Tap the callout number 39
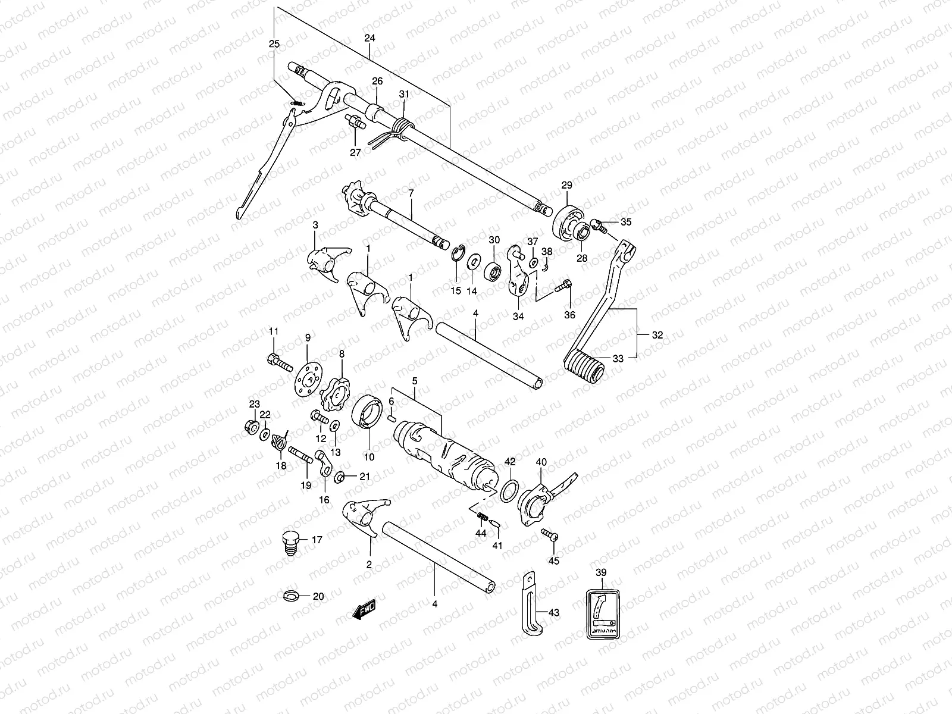tap(600, 572)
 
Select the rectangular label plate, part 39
tap(603, 615)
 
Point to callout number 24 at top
tap(369, 38)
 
